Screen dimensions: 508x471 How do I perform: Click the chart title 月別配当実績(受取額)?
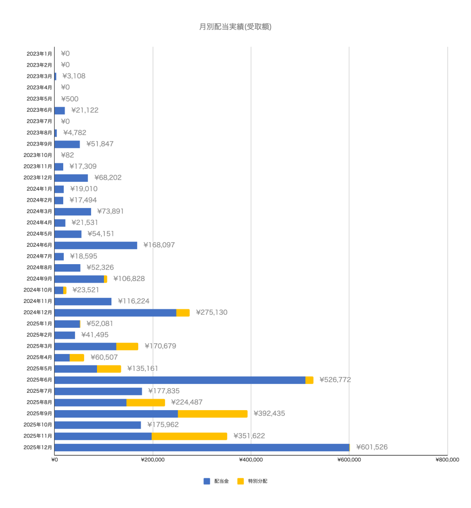(x=235, y=27)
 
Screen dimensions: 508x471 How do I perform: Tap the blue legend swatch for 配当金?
(x=207, y=481)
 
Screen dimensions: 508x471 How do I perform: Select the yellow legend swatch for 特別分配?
(x=241, y=481)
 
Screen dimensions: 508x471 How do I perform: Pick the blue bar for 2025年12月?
(x=201, y=447)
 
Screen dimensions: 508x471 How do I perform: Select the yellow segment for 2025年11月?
(x=189, y=436)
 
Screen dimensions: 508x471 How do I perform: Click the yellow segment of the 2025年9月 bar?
(x=212, y=414)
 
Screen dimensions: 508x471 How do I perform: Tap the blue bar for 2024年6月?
(x=95, y=245)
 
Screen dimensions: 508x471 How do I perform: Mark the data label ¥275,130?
(x=212, y=312)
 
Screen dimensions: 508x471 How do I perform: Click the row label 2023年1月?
(x=39, y=54)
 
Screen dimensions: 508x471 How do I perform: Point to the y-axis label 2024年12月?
(x=38, y=312)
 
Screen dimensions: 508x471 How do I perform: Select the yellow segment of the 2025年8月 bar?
(x=145, y=402)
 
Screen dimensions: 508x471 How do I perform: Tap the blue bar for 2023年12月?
(x=71, y=178)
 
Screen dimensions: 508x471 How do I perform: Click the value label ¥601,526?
(x=372, y=447)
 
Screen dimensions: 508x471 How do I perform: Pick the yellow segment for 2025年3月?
(x=127, y=346)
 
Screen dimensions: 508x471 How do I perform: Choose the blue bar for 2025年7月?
(x=98, y=391)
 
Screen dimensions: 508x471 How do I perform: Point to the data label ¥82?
(x=67, y=155)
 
